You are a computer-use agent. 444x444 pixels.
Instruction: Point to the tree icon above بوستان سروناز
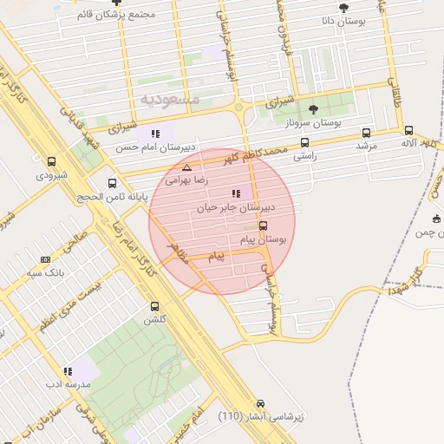point(313,109)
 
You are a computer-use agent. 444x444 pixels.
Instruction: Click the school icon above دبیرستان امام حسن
point(155,134)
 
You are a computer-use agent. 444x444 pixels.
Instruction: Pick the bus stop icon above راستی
point(304,142)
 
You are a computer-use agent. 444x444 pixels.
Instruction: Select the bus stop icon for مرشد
point(366,133)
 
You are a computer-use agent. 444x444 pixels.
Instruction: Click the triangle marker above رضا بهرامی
point(186,167)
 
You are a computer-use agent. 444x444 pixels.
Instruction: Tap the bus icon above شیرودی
point(52,161)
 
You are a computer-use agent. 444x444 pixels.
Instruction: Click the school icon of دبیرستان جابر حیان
point(236,194)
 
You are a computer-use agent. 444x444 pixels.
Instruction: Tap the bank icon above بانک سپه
point(45,258)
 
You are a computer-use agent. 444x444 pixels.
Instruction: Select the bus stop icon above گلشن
point(155,306)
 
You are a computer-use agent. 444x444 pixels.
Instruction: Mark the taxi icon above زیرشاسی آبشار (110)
point(261,404)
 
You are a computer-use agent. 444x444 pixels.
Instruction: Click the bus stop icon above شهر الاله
point(409,129)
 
